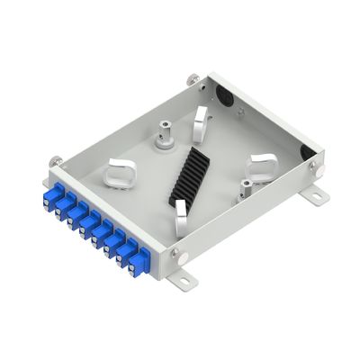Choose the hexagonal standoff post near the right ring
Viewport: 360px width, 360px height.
246,188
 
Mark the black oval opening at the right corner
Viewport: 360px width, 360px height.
308,151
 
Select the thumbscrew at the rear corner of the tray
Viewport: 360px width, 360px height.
193,80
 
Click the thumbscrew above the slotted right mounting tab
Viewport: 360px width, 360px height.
316,166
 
